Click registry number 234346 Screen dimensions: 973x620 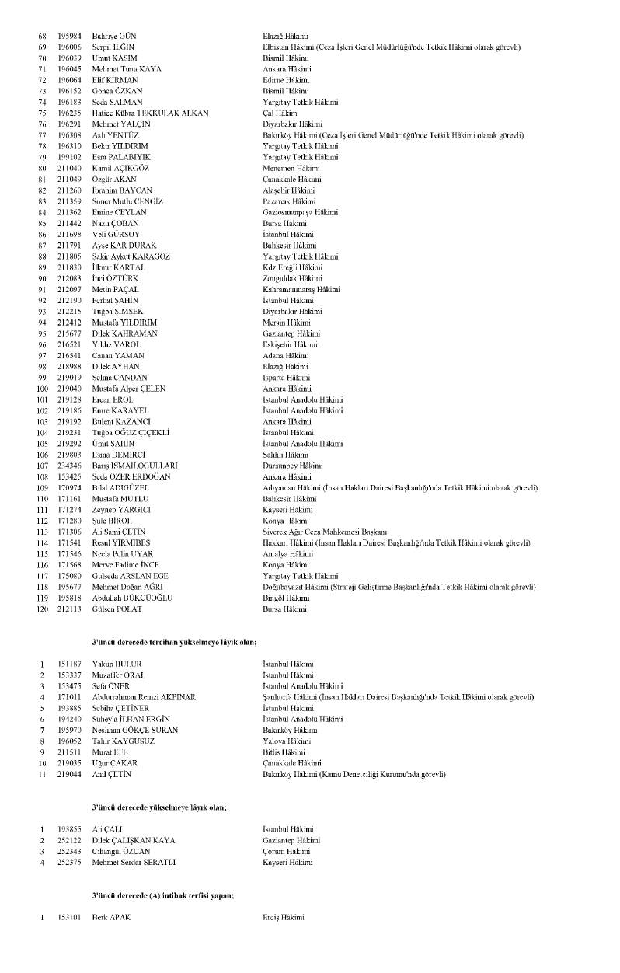(x=69, y=465)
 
